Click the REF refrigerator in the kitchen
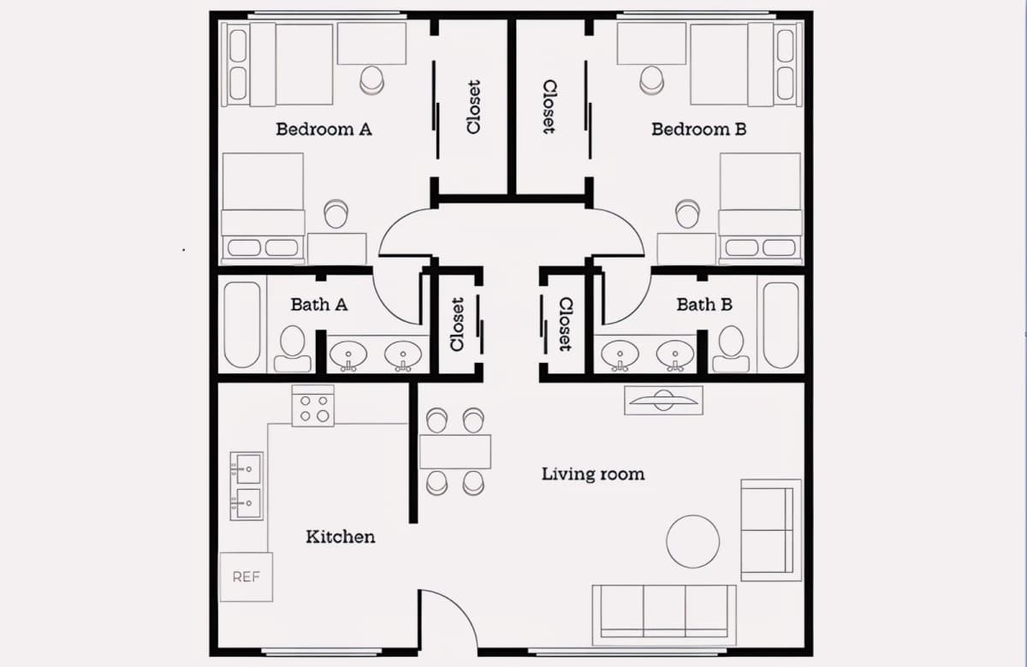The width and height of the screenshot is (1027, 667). click(246, 576)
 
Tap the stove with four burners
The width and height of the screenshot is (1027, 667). click(313, 406)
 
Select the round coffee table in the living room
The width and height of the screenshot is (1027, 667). click(692, 542)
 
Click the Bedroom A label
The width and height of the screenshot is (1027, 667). click(324, 129)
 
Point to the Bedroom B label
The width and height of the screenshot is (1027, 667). click(698, 129)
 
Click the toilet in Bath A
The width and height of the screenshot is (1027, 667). click(293, 348)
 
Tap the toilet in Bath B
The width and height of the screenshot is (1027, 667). click(731, 348)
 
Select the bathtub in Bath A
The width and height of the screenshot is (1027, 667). click(242, 325)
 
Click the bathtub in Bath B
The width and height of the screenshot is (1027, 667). click(781, 325)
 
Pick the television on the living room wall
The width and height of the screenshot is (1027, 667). click(663, 401)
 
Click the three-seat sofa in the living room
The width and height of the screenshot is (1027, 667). click(664, 615)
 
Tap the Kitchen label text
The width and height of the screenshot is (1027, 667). click(341, 537)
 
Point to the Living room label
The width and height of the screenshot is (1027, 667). click(593, 473)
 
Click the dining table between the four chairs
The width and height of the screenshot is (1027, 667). click(455, 452)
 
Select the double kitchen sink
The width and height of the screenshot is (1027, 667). click(246, 486)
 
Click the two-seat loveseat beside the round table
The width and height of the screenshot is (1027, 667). click(771, 530)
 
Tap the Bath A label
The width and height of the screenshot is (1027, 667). click(319, 305)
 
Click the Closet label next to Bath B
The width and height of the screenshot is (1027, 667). click(566, 325)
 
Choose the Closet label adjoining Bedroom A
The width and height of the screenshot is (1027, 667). click(473, 107)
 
